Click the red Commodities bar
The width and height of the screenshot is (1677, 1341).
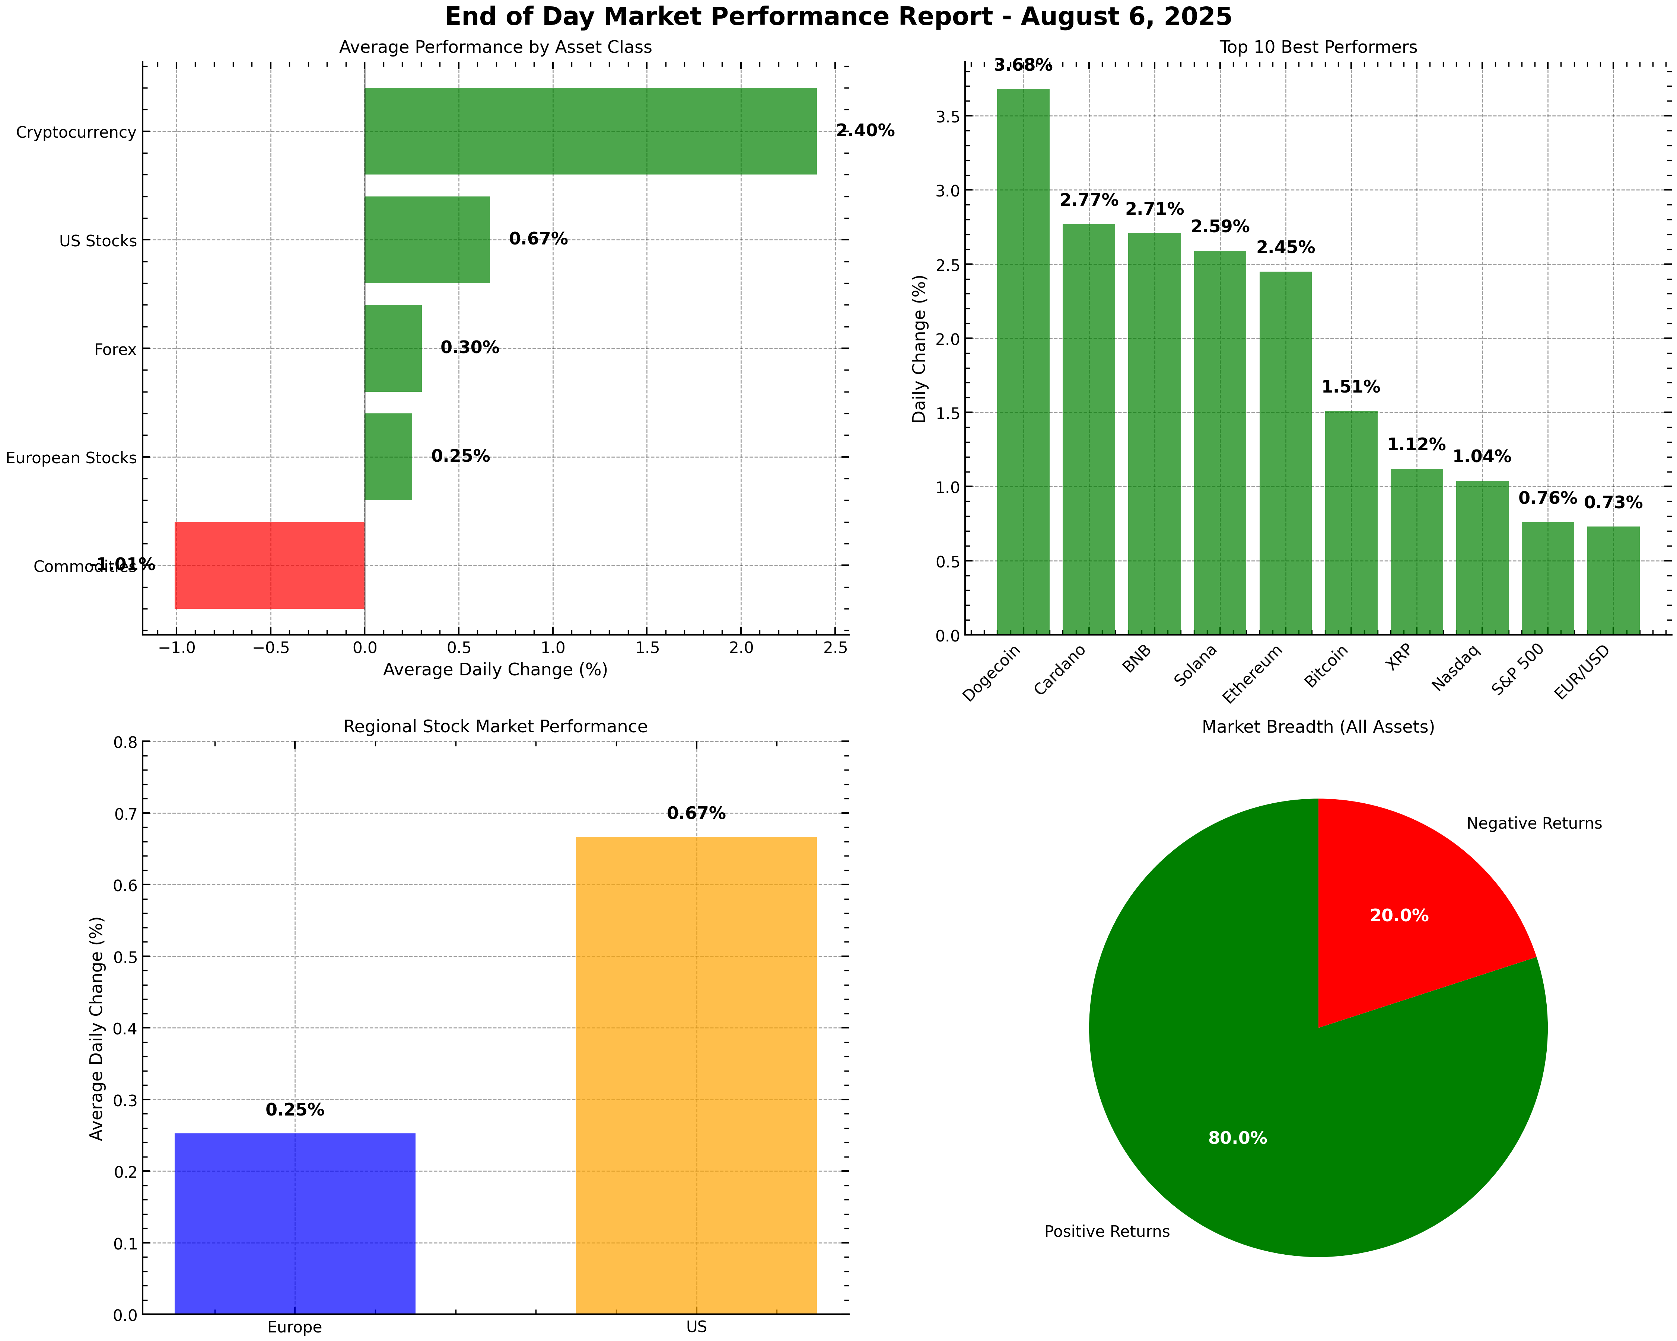pos(269,565)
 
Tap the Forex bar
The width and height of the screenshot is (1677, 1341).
pos(393,348)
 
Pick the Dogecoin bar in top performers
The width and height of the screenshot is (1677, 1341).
pos(1023,362)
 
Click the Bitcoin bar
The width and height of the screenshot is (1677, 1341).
pos(1351,522)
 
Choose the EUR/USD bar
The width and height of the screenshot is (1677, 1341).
pos(1613,581)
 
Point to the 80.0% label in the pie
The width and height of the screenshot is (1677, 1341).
pos(1238,1138)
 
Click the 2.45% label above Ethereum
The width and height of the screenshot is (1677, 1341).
pos(1286,247)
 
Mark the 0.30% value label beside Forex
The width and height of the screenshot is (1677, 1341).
pos(470,348)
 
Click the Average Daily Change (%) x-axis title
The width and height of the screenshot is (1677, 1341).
pos(496,669)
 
